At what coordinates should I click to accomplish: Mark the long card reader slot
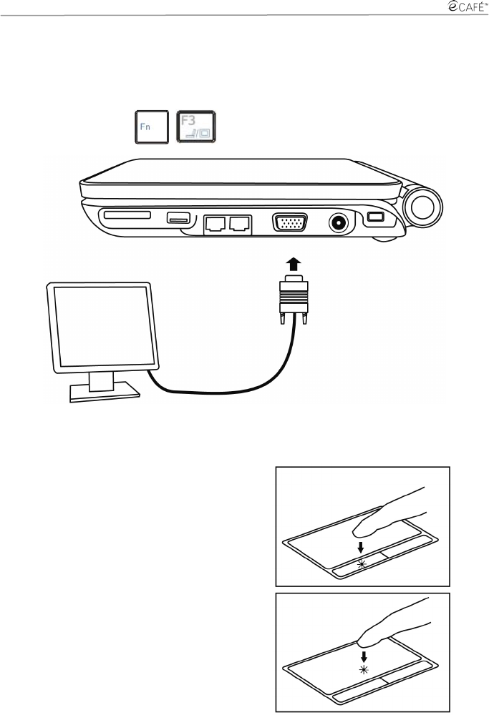pyautogui.click(x=127, y=214)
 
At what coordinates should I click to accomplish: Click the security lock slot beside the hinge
pyautogui.click(x=374, y=217)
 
